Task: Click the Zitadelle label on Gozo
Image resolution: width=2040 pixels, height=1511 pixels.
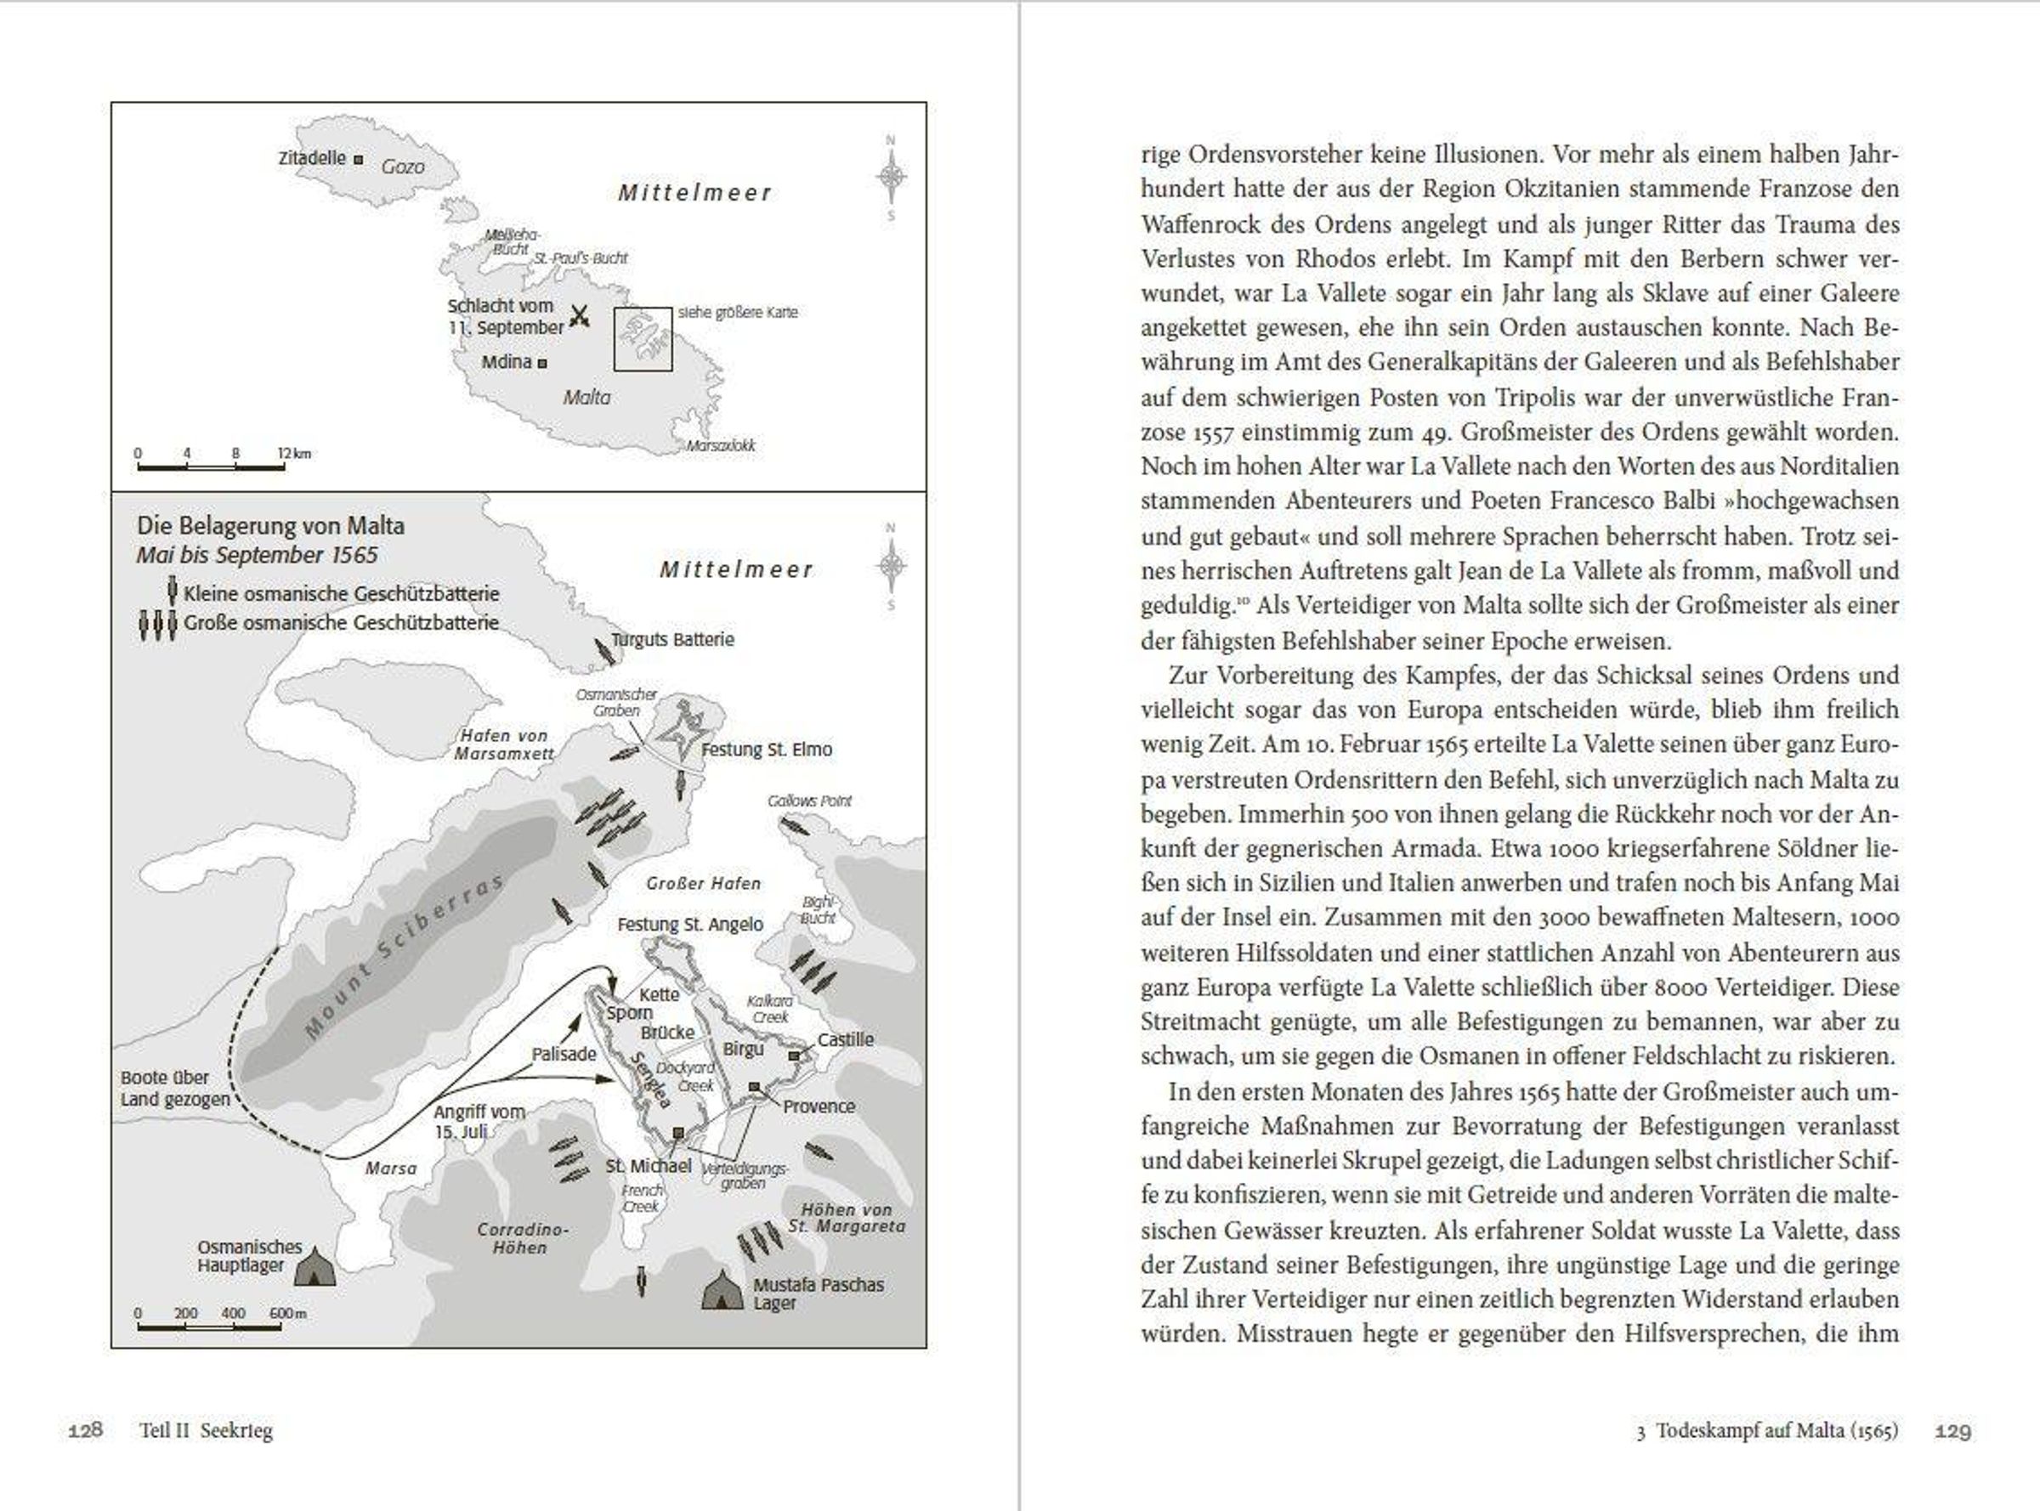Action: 312,158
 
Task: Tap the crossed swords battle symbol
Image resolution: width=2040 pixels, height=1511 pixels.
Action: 579,316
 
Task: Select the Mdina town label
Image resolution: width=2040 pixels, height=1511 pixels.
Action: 507,362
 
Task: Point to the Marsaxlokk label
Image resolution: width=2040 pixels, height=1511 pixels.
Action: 721,446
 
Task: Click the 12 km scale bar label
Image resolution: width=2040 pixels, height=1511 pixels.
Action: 295,454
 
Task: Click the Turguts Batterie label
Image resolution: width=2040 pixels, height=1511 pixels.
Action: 672,639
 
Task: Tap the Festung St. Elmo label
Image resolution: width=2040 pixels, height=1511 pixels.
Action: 767,750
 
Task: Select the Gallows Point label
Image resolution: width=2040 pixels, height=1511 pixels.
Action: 809,801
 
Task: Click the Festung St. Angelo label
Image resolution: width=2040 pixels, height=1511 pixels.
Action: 689,925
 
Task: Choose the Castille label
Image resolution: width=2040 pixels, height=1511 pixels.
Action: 845,1040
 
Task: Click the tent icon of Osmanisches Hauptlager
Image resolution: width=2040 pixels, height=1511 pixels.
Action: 313,1267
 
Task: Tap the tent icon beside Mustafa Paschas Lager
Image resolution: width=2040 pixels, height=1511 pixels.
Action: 722,1291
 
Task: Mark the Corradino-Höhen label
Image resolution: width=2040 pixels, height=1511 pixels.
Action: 521,1238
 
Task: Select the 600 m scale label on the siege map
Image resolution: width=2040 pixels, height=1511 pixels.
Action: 287,1314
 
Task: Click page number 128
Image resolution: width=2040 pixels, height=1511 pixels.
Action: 85,1429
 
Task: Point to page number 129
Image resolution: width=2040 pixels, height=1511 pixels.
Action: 1952,1430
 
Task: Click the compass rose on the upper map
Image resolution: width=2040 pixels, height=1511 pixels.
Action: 891,177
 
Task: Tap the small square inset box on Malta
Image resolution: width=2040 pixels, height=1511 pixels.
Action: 643,338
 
